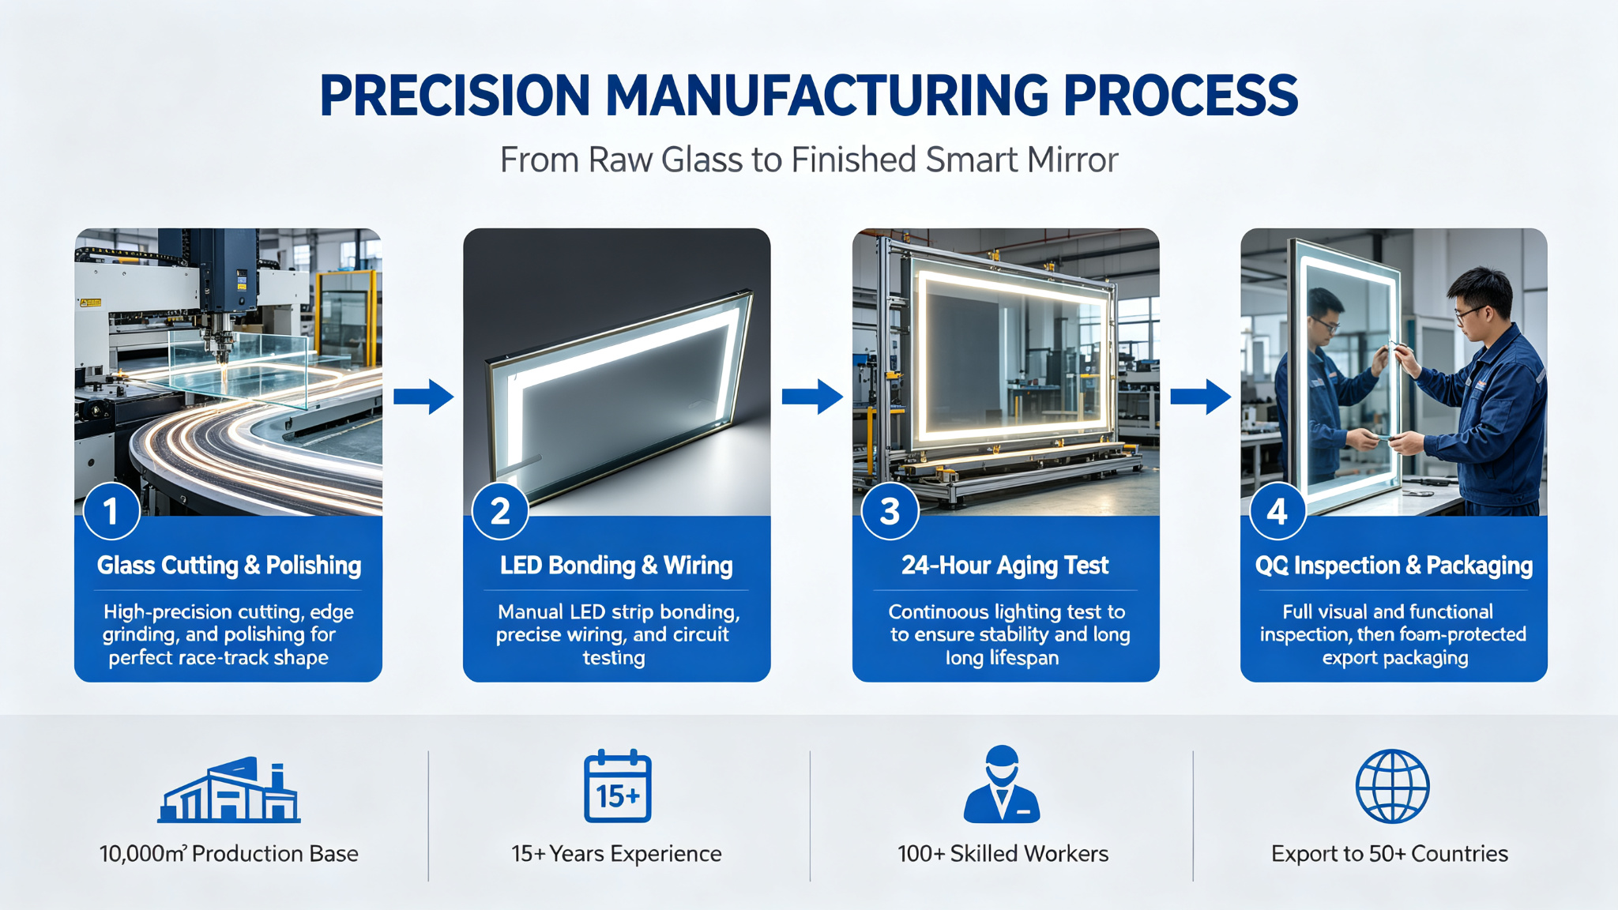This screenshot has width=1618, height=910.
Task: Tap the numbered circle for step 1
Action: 111,511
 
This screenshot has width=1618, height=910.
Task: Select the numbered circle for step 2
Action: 500,511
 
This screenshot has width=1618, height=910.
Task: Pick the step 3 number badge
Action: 890,511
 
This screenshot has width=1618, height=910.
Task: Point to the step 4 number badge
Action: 1277,511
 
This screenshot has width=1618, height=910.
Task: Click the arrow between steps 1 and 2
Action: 423,397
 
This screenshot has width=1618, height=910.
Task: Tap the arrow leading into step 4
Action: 1200,397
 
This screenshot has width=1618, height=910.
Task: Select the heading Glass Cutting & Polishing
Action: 228,566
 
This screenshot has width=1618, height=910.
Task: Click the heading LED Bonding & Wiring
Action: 616,566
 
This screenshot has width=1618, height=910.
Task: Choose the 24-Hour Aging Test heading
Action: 1005,566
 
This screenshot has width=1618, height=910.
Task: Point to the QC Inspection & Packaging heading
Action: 1394,566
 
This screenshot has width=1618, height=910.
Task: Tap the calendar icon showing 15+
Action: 618,786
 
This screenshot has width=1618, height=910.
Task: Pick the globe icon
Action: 1392,786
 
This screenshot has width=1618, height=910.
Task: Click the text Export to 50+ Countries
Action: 1390,854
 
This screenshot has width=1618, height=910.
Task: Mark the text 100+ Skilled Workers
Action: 1003,854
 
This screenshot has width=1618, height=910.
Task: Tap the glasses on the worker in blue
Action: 1470,312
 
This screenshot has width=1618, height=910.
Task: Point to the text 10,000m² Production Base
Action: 228,854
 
